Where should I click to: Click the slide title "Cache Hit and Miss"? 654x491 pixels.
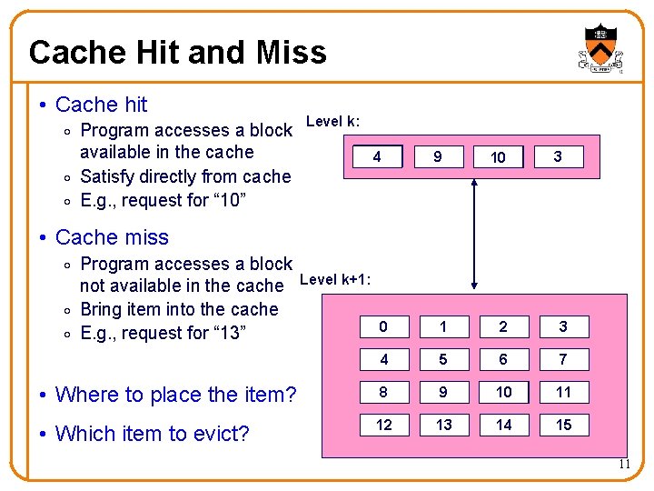(x=177, y=53)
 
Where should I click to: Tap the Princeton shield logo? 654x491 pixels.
(x=599, y=45)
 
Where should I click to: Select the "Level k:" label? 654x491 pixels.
(x=332, y=121)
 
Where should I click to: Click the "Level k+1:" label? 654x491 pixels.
(x=334, y=279)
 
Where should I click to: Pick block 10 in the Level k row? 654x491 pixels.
(x=498, y=157)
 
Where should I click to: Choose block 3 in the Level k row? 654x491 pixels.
(x=557, y=157)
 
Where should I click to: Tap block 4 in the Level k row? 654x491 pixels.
(x=377, y=157)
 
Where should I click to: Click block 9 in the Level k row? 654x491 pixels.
(x=438, y=157)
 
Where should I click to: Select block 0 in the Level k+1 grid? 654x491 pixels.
(x=384, y=326)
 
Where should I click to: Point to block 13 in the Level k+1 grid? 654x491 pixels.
(x=443, y=425)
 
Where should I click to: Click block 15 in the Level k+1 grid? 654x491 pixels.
(x=563, y=425)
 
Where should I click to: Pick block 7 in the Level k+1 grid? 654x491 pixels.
(x=563, y=359)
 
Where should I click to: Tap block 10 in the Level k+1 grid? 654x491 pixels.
(x=503, y=392)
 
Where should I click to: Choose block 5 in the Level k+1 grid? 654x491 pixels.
(x=443, y=359)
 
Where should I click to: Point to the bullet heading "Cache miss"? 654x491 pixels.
(x=112, y=237)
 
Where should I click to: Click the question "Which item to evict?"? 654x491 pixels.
(x=152, y=434)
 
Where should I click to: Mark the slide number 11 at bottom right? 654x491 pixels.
(x=624, y=465)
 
